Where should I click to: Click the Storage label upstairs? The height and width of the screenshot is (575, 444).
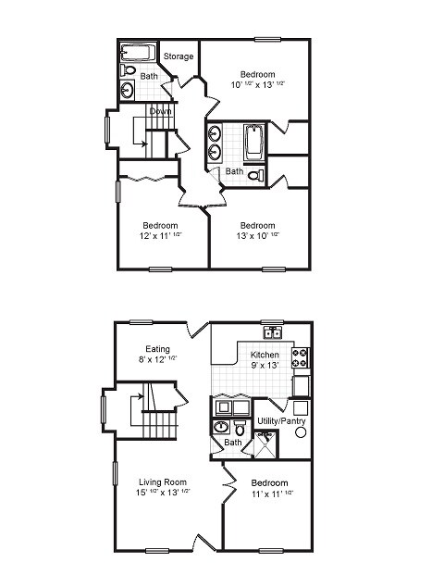(179, 57)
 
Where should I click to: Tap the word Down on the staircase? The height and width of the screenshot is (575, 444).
(160, 111)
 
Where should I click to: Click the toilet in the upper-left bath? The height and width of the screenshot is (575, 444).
(129, 70)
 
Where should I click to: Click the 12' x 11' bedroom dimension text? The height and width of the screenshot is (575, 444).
(160, 237)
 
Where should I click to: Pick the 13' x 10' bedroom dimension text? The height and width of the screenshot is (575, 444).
(257, 237)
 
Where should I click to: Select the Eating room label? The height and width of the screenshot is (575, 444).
(156, 349)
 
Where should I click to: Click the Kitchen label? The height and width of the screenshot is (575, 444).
(265, 356)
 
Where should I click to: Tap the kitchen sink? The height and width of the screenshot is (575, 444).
(272, 334)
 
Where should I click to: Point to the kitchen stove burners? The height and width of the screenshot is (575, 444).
(301, 355)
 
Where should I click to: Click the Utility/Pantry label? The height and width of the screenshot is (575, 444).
(281, 422)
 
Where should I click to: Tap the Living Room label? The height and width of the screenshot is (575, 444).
(164, 482)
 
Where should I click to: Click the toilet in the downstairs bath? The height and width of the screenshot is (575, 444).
(239, 428)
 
